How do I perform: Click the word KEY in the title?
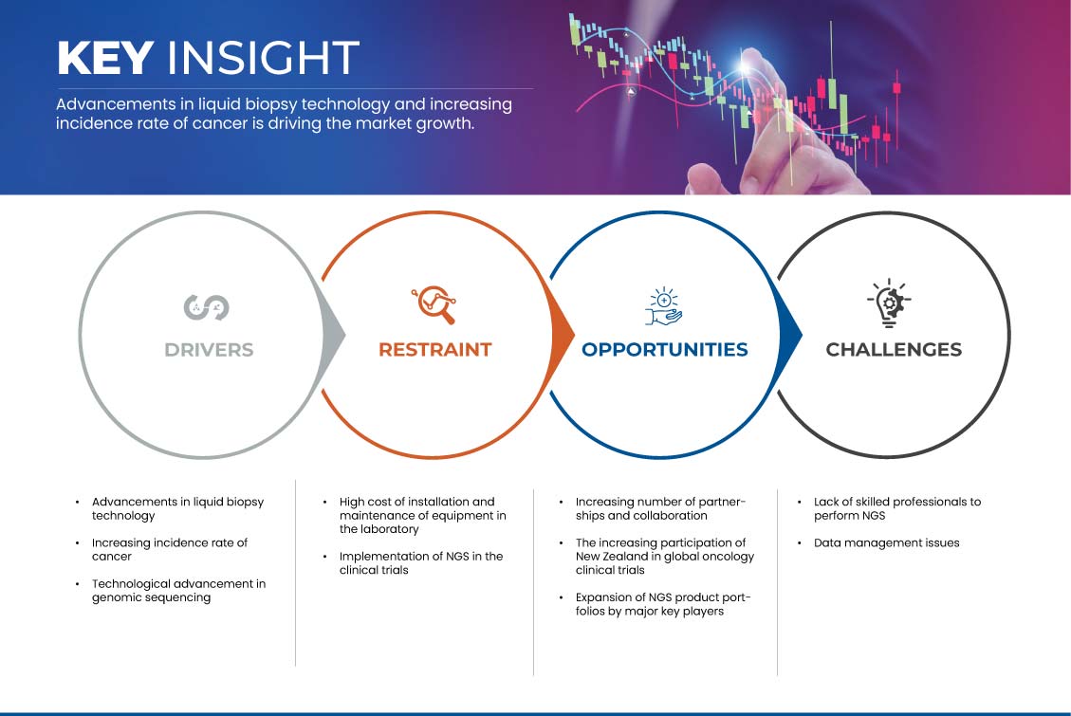pos(104,59)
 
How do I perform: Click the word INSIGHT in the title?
pos(262,59)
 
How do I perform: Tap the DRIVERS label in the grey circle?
pos(209,350)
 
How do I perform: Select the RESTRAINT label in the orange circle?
pos(434,350)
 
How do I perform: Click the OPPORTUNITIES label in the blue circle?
pos(664,350)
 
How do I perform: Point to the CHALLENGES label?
pos(893,350)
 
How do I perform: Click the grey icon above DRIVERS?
pos(206,306)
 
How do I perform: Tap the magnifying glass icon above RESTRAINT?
pos(434,304)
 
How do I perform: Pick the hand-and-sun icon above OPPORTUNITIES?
pos(664,305)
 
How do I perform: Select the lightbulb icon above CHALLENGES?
pos(889,304)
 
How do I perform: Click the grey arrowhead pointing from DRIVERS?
pos(335,335)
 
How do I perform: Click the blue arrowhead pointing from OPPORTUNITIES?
pos(792,335)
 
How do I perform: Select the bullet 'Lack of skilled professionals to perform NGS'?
pos(896,508)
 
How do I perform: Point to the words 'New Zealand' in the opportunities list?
pos(614,557)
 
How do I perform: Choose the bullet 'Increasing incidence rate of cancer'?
pos(169,550)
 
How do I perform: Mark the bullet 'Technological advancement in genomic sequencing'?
pos(177,591)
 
